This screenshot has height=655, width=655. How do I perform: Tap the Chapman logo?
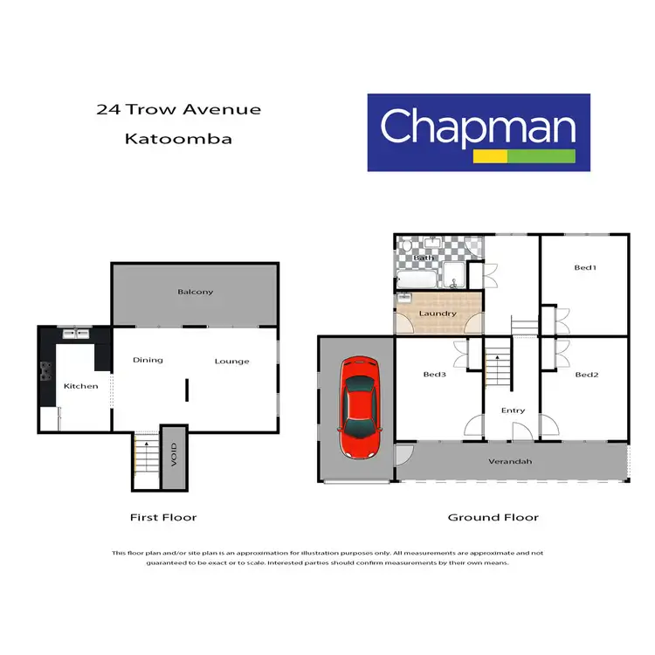coord(479,132)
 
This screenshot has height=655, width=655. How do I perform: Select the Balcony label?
coord(195,292)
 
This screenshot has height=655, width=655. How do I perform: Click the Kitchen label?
coord(80,386)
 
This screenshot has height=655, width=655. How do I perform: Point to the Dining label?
coord(148,360)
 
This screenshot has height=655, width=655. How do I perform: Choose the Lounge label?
coord(231,361)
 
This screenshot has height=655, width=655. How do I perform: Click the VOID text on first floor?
coord(174,458)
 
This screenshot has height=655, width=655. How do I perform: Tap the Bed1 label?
coord(584,267)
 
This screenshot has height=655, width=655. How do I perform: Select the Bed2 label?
coord(584,375)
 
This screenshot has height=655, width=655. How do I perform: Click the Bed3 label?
coord(434,375)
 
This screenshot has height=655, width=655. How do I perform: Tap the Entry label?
coord(513,410)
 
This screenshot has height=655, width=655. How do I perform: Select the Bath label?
coord(424,258)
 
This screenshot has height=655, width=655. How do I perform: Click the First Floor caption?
coord(163,517)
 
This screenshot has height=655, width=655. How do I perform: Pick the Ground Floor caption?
coord(493,517)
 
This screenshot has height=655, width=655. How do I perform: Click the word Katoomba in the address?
coord(178,138)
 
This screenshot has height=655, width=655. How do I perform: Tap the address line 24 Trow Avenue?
coord(178,109)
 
